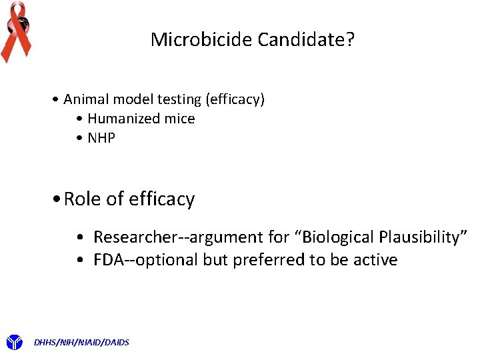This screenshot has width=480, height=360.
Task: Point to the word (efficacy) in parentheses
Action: point(235,99)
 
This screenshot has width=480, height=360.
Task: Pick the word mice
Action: point(181,119)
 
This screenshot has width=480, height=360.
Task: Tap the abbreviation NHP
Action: point(101,138)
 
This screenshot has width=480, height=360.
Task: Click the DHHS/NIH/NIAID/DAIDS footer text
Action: point(81,343)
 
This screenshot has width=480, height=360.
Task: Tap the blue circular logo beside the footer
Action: point(14,343)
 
